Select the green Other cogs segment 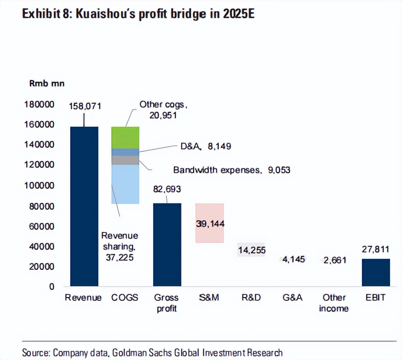(125, 138)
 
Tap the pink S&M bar (210, 223)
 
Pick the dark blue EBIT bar (376, 273)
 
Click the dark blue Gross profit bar (167, 245)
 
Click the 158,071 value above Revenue (84, 106)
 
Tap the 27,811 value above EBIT (376, 250)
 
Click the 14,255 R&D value (252, 250)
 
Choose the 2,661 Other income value (335, 260)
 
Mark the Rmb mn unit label (47, 84)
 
